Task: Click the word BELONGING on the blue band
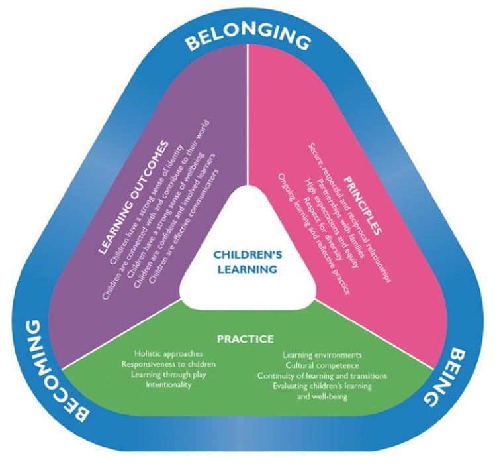point(247,38)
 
